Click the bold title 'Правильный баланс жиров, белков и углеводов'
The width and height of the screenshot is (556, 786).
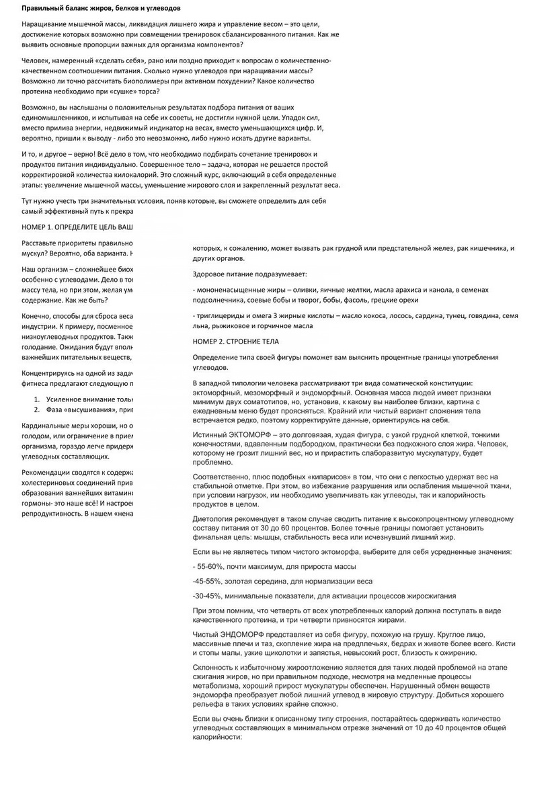click(103, 8)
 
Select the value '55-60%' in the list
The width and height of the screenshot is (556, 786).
click(210, 567)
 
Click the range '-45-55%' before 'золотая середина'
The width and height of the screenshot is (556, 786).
click(208, 582)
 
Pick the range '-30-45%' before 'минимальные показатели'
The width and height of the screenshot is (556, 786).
click(208, 596)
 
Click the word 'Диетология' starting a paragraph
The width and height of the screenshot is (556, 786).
click(216, 518)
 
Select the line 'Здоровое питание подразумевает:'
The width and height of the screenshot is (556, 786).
click(249, 274)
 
